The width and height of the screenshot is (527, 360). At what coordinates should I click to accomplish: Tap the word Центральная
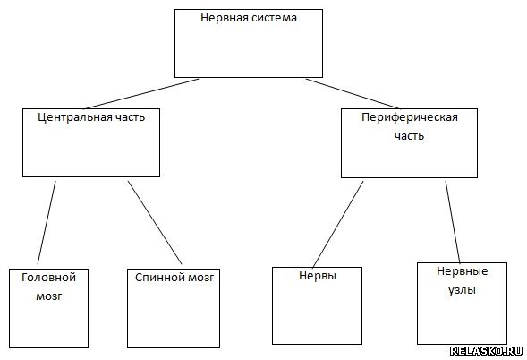pos(75,117)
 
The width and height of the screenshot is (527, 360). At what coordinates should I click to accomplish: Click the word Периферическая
pos(410,117)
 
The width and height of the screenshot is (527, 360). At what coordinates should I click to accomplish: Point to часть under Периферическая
pos(410,136)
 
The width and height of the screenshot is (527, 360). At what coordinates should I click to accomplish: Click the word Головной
pos(48,278)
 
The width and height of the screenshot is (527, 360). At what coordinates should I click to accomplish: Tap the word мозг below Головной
pos(49,296)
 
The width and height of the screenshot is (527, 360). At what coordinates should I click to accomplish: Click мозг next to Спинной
pos(201,278)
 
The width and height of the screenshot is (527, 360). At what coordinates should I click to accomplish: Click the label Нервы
pos(318,276)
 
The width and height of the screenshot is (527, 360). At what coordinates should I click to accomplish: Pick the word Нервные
pos(463,271)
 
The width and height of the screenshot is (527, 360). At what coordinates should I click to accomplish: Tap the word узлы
pos(463,290)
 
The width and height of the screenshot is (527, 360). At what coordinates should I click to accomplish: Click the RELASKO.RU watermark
pos(486,351)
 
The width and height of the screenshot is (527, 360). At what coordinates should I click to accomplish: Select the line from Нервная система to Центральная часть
pos(141,94)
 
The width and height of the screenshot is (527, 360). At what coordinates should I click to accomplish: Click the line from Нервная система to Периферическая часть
pos(353,93)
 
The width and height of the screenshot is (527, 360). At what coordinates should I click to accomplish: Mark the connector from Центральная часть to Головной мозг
pos(47,222)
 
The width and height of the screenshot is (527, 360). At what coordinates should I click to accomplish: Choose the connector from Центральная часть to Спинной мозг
pos(155,222)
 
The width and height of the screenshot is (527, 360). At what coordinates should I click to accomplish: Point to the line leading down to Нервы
pos(338,224)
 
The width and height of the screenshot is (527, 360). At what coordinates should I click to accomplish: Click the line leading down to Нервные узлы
pos(453,222)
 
